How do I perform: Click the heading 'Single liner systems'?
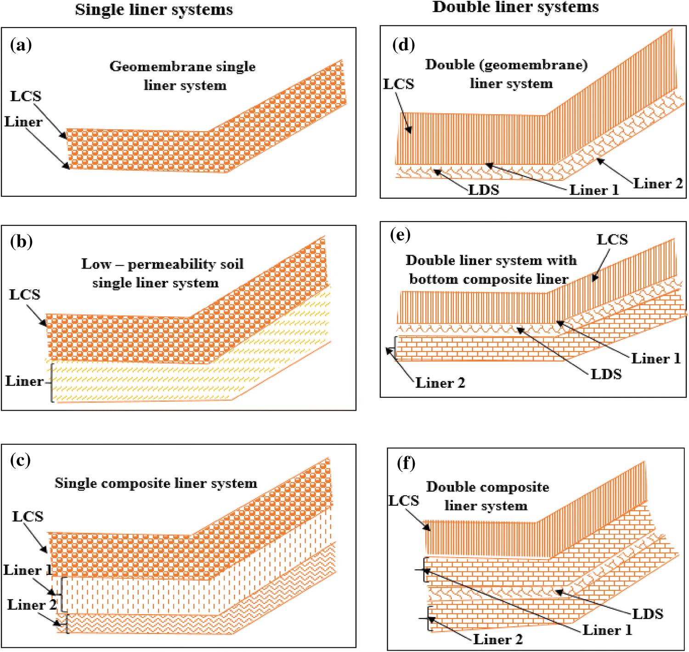click(154, 10)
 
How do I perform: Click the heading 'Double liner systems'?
click(515, 7)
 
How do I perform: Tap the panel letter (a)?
click(21, 45)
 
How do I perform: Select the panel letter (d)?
click(404, 45)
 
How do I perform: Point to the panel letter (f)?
click(406, 463)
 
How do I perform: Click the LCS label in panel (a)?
click(26, 96)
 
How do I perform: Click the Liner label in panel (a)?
click(23, 122)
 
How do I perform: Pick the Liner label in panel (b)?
click(24, 381)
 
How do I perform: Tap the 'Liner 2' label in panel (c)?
click(32, 605)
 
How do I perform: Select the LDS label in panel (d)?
click(483, 189)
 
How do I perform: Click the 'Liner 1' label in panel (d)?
click(594, 190)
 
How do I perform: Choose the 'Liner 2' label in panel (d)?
click(658, 183)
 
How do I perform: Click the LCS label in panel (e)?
click(612, 240)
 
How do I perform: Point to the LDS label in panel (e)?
click(606, 374)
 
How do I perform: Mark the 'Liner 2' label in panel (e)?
click(440, 383)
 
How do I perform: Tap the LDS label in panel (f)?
click(648, 614)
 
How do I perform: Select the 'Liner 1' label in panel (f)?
click(607, 630)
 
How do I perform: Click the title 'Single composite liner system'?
click(156, 483)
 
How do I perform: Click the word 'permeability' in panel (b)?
click(172, 264)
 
